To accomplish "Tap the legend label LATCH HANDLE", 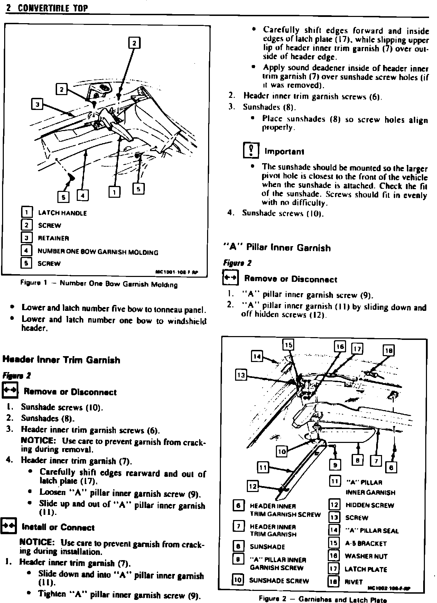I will pyautogui.click(x=62, y=213).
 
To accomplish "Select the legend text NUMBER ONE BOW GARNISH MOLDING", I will pyautogui.click(x=98, y=252).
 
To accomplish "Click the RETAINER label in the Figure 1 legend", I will pyautogui.click(x=53, y=238).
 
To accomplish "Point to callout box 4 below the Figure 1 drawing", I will pyautogui.click(x=83, y=196).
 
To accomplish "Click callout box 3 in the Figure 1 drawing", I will pyautogui.click(x=37, y=104).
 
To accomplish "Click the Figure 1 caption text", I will pyautogui.click(x=99, y=284).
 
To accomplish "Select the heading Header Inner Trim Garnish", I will pyautogui.click(x=62, y=360).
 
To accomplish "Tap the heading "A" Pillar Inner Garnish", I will pyautogui.click(x=277, y=248).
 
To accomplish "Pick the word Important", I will pyautogui.click(x=284, y=152).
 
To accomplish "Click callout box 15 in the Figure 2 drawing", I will pyautogui.click(x=289, y=345).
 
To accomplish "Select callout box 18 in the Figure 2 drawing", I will pyautogui.click(x=389, y=351).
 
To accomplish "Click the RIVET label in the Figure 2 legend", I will pyautogui.click(x=354, y=582).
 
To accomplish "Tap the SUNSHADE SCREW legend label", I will pyautogui.click(x=279, y=581).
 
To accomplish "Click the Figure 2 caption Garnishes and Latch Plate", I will pyautogui.click(x=323, y=599).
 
